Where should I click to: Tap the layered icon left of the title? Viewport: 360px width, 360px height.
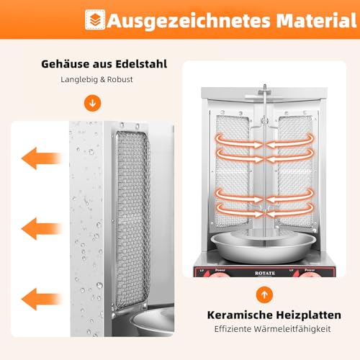94,19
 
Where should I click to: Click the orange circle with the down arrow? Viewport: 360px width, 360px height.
91,103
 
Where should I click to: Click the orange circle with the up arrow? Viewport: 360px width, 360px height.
264,294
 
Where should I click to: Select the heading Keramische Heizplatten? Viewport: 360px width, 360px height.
264,315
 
